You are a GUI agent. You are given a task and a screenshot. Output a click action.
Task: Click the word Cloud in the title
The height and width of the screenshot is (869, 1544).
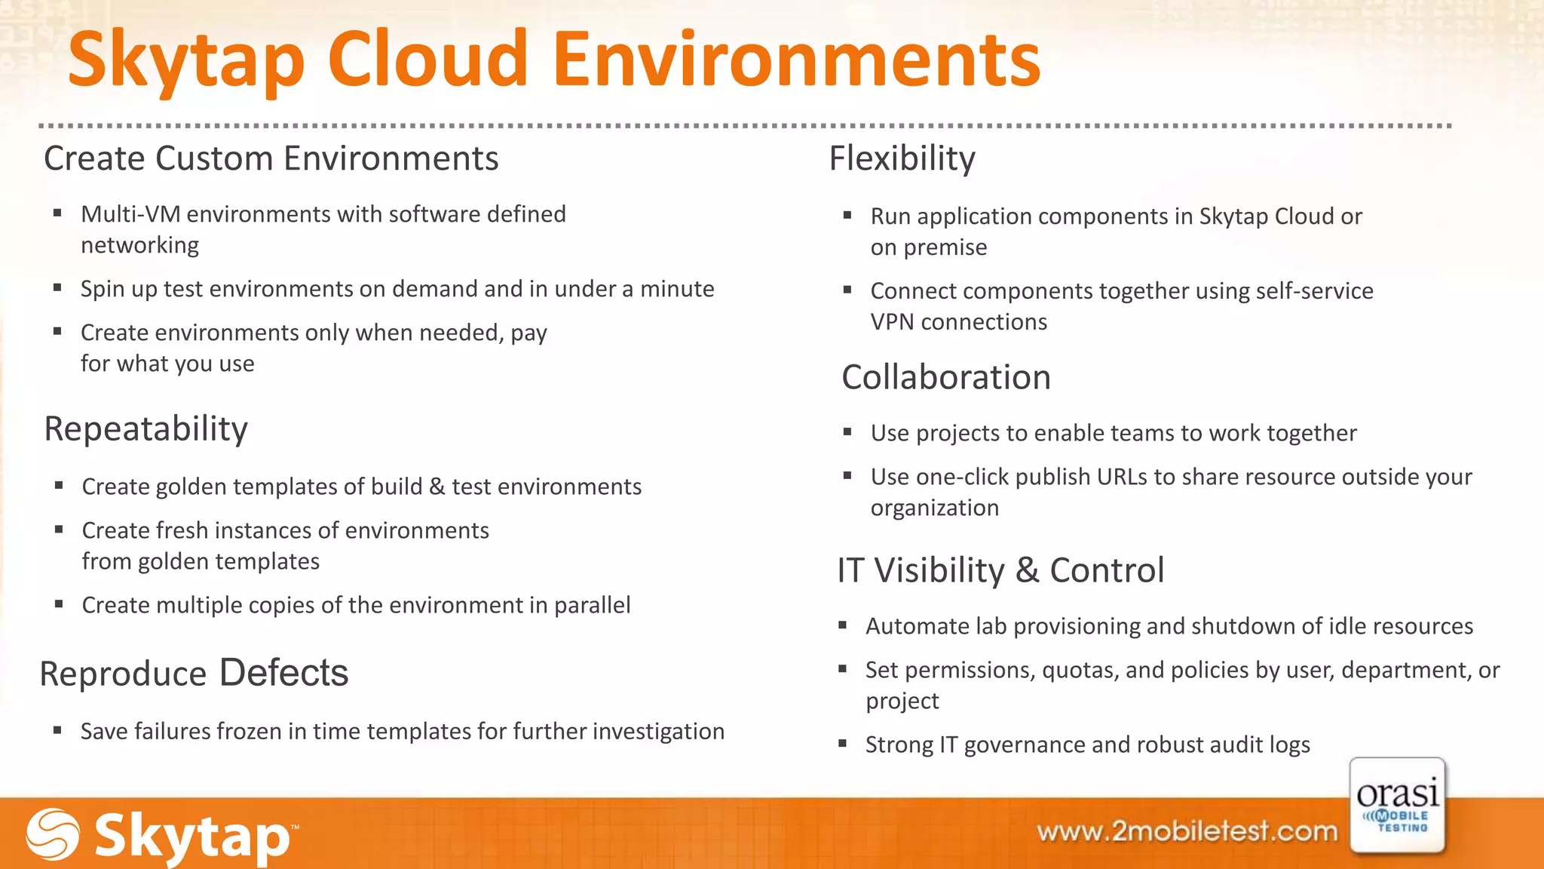click(427, 59)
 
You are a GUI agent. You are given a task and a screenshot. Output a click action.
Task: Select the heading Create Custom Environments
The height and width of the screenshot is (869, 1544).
click(271, 159)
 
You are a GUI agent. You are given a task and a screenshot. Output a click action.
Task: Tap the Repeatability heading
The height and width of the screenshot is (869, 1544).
click(146, 429)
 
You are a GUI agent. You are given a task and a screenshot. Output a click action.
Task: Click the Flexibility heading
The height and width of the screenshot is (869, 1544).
click(902, 159)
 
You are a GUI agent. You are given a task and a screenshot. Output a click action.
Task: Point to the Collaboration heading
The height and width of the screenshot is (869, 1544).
click(945, 378)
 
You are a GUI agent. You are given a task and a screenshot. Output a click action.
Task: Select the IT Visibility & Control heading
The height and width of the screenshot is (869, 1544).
click(1000, 571)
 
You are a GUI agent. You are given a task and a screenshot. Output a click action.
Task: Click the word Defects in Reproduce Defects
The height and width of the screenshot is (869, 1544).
click(283, 673)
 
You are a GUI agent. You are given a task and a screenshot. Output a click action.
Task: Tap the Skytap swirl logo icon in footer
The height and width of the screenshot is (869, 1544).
click(53, 834)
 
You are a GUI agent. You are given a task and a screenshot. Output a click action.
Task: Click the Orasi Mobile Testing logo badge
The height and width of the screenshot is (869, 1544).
click(1397, 806)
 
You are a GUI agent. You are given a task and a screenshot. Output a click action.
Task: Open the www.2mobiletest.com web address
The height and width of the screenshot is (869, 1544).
click(1187, 831)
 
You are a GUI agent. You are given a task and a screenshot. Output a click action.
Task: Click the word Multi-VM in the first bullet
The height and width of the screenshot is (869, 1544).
click(130, 215)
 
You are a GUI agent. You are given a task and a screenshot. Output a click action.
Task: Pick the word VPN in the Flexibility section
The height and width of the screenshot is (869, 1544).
click(892, 322)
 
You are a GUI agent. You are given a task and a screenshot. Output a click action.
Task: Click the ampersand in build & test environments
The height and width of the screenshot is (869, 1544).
click(437, 487)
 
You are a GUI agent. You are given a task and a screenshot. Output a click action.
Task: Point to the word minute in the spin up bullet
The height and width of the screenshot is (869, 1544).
click(676, 290)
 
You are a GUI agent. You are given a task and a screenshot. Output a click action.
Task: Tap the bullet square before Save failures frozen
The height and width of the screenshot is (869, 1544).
click(57, 730)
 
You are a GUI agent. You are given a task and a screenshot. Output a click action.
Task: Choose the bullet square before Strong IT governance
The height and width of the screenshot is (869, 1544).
click(843, 744)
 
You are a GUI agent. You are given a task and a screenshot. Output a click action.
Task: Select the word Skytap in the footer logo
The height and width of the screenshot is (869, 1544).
click(192, 836)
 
